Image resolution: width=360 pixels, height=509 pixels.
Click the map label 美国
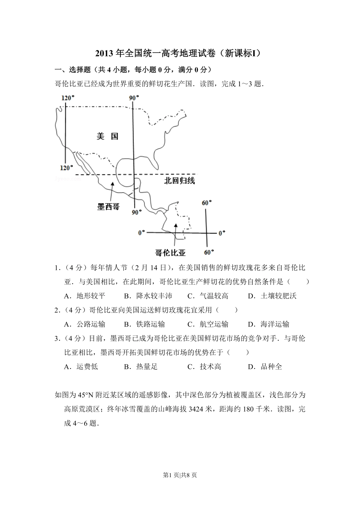(x=108, y=136)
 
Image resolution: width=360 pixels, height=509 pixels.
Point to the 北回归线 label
(x=179, y=181)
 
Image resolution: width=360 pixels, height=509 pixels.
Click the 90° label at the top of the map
(x=134, y=98)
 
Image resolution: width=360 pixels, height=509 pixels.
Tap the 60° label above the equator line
(x=207, y=203)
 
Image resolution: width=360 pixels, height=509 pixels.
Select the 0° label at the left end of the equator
(x=141, y=233)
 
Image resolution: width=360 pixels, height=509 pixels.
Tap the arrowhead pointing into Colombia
(x=175, y=225)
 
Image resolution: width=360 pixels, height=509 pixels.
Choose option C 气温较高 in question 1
(x=208, y=296)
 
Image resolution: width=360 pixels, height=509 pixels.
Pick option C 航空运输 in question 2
(x=208, y=324)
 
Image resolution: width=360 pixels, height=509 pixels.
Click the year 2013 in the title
(x=104, y=53)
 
